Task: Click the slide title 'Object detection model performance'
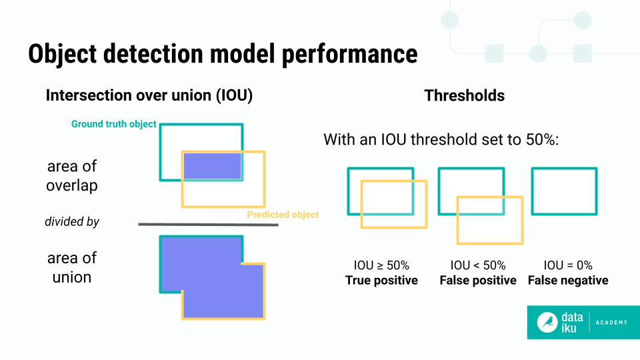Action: (x=223, y=54)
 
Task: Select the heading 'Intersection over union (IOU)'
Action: (x=149, y=95)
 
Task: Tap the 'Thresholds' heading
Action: (x=464, y=95)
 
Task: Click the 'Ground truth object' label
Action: (x=113, y=124)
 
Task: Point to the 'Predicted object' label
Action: (x=283, y=215)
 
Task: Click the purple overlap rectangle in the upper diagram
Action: (x=212, y=166)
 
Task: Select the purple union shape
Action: (x=212, y=276)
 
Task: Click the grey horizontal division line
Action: (x=208, y=225)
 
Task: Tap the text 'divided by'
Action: (x=72, y=221)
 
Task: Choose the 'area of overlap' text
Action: (x=72, y=176)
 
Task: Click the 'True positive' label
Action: (x=381, y=280)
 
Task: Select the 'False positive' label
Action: (x=478, y=280)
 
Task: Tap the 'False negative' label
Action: (x=568, y=280)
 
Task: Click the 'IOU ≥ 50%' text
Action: (x=381, y=265)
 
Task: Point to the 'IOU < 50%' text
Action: (x=478, y=265)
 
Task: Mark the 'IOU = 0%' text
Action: (x=568, y=265)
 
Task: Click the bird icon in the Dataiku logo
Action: (x=548, y=323)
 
